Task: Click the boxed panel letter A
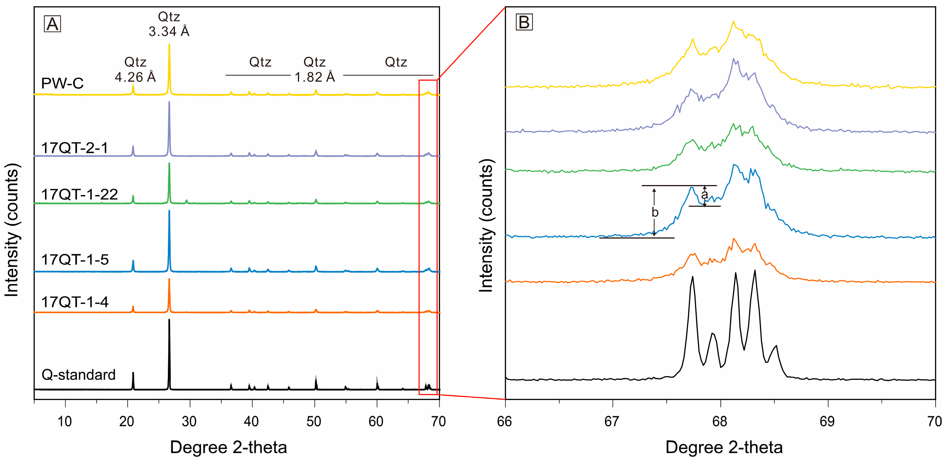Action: click(52, 24)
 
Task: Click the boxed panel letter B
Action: click(524, 22)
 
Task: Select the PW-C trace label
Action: click(62, 83)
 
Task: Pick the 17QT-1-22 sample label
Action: click(79, 194)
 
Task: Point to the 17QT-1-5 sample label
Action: click(75, 260)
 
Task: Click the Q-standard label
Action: click(79, 375)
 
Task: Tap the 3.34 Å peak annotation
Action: click(169, 31)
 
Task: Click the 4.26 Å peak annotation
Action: click(135, 77)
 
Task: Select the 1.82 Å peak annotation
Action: click(315, 77)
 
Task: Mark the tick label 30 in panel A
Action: click(189, 421)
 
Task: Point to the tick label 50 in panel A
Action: click(314, 421)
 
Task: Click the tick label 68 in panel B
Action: click(720, 421)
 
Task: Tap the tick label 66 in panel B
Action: click(505, 421)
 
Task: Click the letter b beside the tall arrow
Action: click(655, 212)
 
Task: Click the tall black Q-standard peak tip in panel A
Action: click(169, 320)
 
